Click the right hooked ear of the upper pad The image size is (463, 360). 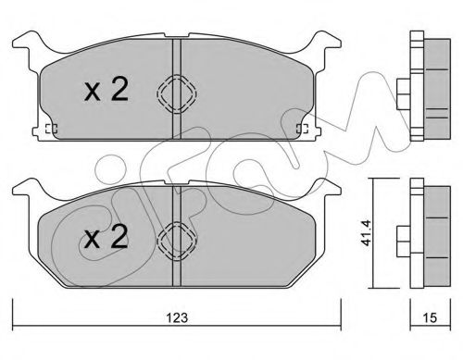pyautogui.click(x=325, y=43)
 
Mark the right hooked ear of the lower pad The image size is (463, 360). pyautogui.click(x=325, y=192)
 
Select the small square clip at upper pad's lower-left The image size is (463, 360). pyautogui.click(x=51, y=128)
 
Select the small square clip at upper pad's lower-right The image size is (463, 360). pyautogui.click(x=298, y=128)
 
